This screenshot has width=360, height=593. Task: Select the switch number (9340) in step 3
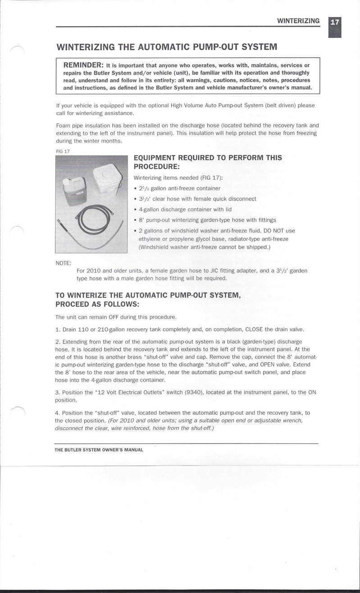tap(194, 392)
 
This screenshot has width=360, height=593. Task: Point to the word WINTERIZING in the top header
tap(298, 21)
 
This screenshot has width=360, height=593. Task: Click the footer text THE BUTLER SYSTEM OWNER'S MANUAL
tap(99, 449)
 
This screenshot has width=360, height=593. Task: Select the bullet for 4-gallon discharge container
tap(136, 209)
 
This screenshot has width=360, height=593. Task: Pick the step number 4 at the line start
tap(57, 413)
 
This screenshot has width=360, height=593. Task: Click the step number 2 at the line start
tap(57, 341)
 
